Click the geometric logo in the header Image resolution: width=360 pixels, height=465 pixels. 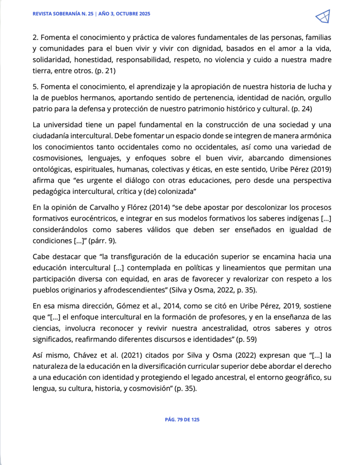pyautogui.click(x=322, y=17)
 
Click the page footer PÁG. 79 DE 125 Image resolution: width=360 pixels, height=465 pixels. pyautogui.click(x=182, y=420)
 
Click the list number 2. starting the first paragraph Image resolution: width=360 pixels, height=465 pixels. pyautogui.click(x=36, y=37)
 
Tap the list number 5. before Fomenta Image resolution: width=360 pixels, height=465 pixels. pyautogui.click(x=36, y=86)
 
